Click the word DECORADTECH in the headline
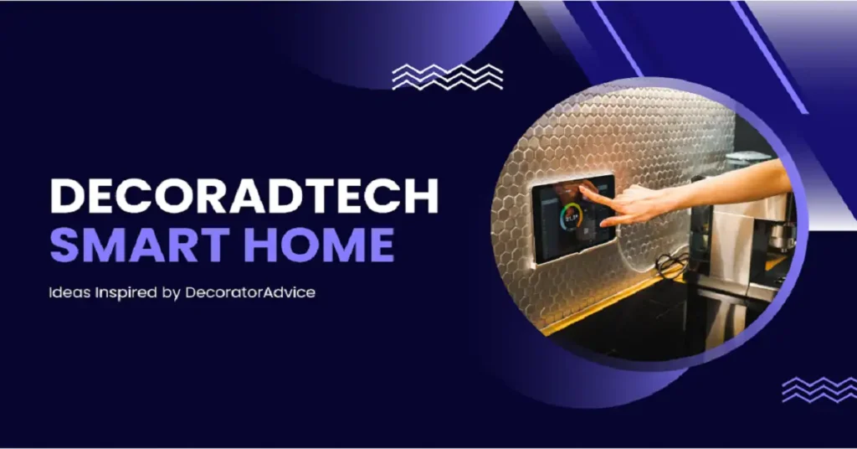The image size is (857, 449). (244, 197)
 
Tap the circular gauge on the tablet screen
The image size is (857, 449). (572, 218)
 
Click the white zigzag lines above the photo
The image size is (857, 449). (448, 77)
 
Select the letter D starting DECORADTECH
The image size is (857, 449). (68, 197)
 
